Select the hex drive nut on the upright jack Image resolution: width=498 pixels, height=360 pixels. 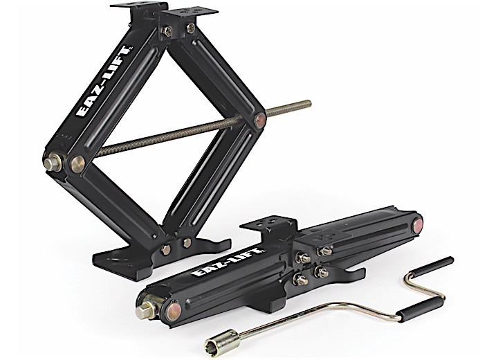tap(50, 165)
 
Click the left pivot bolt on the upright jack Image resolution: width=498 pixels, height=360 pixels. tap(75, 163)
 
